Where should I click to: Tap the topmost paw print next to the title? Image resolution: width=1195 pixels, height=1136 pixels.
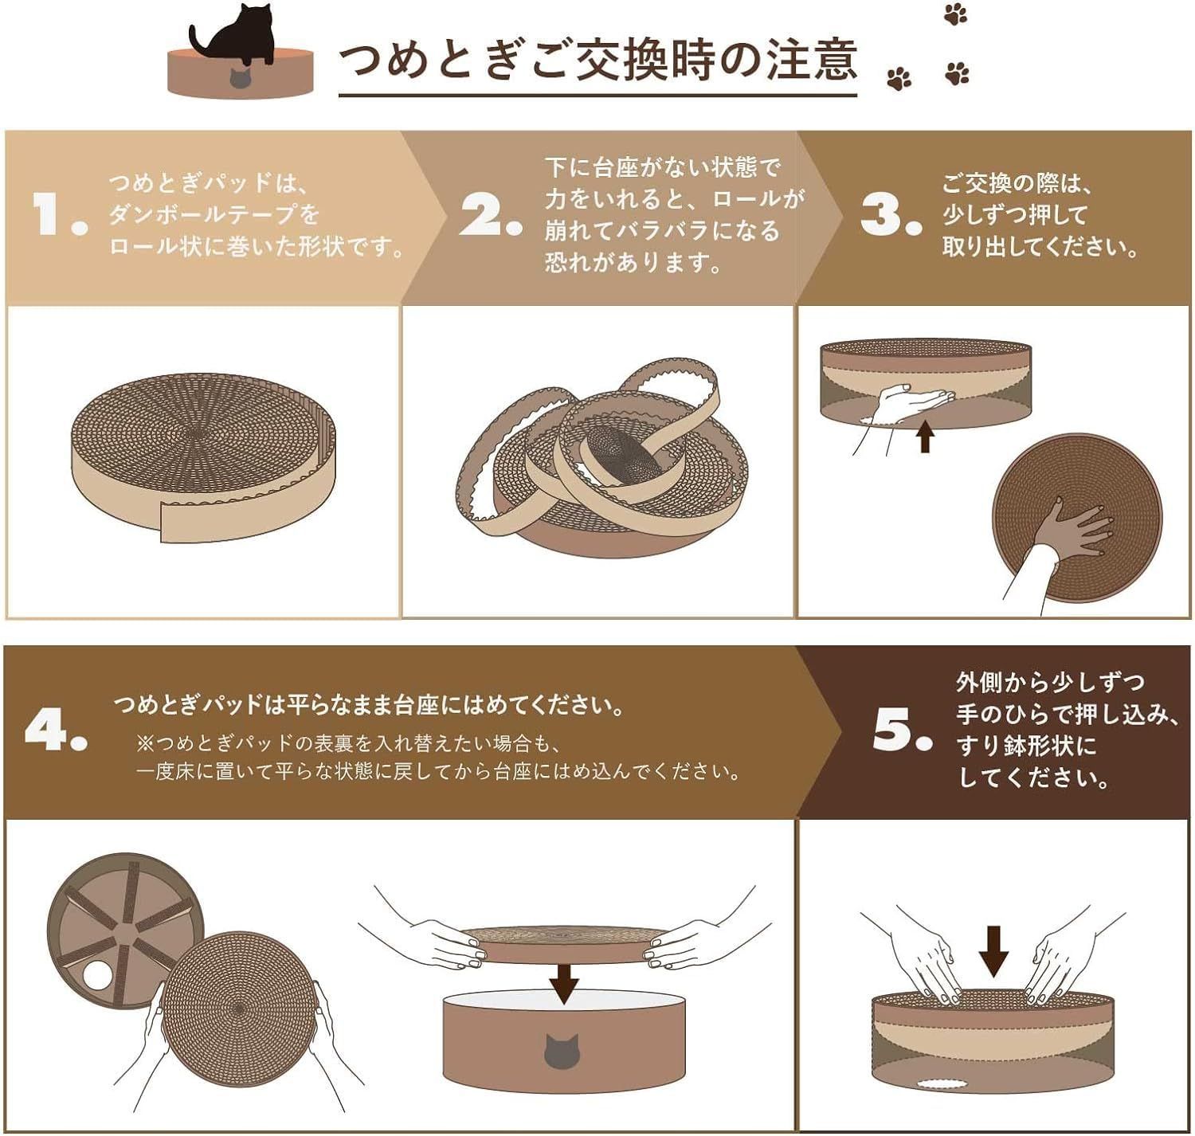tap(954, 14)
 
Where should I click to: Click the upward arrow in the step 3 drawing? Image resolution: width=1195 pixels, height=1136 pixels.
tap(924, 437)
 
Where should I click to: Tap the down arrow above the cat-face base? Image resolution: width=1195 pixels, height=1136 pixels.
tap(564, 983)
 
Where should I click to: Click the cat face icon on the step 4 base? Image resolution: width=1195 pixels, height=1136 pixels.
tap(563, 1051)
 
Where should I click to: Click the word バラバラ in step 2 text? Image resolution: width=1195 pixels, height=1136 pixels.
tap(662, 231)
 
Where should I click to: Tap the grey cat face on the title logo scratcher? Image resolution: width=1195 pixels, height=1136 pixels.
tap(240, 77)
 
